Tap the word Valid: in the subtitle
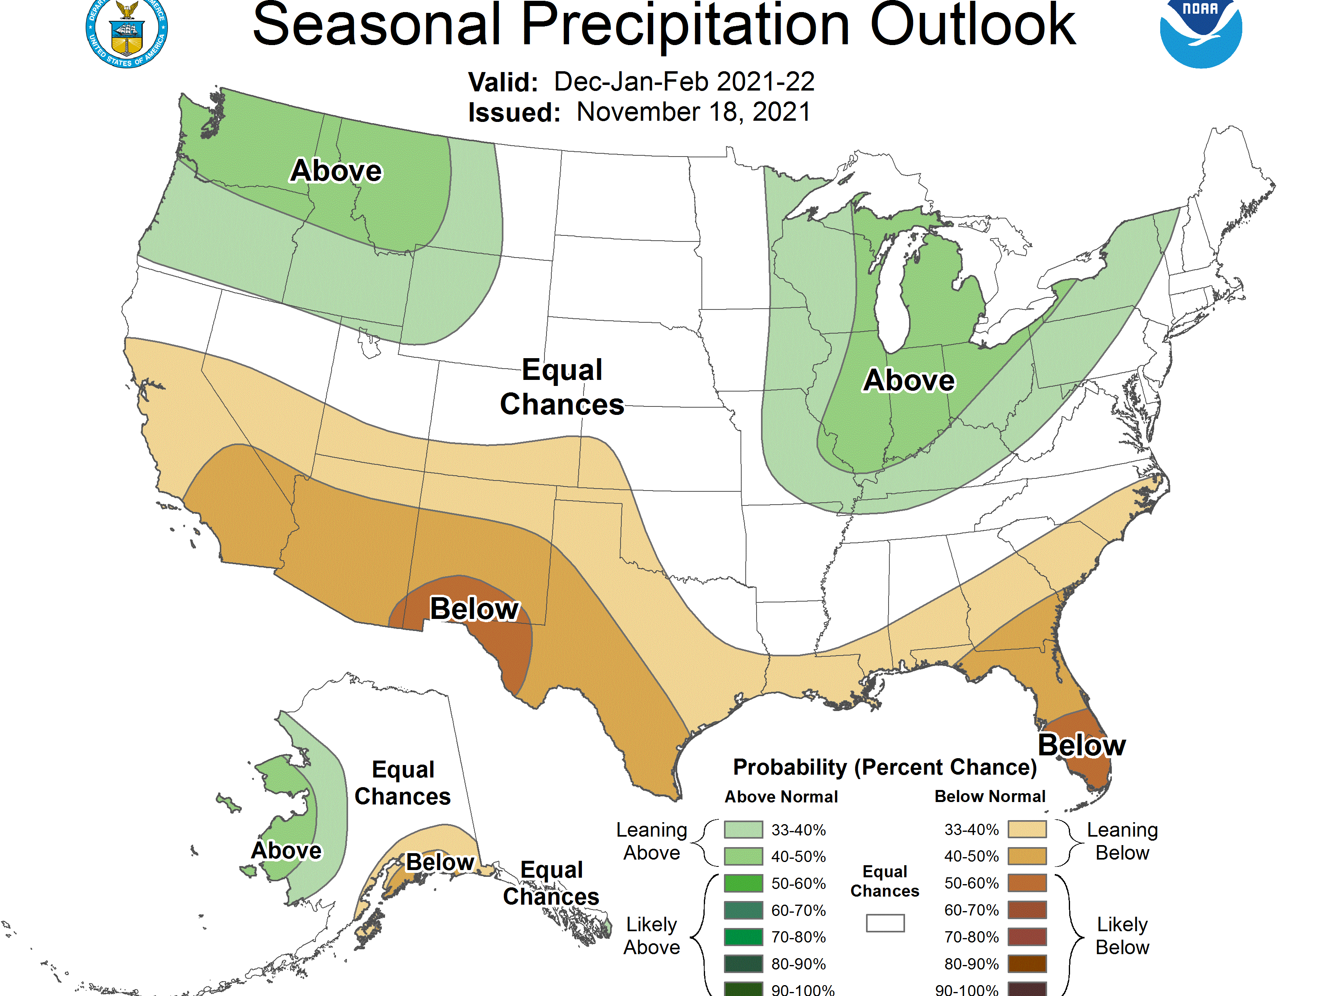click(503, 82)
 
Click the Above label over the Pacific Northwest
click(336, 171)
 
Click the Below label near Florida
click(1081, 745)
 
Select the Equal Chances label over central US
click(562, 387)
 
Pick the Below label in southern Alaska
click(440, 862)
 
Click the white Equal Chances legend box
click(885, 923)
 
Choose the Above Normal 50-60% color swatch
click(743, 883)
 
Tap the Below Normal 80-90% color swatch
click(1027, 963)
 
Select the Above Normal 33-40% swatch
click(743, 830)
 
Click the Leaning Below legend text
click(1122, 841)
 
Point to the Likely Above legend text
click(652, 935)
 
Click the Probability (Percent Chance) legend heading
click(885, 767)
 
